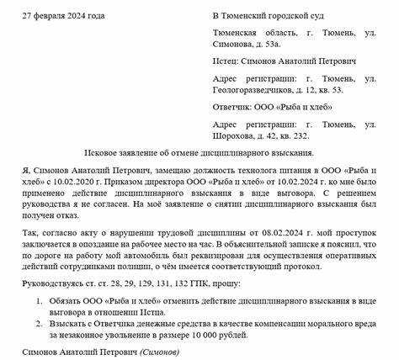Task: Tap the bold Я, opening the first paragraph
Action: (25, 168)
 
